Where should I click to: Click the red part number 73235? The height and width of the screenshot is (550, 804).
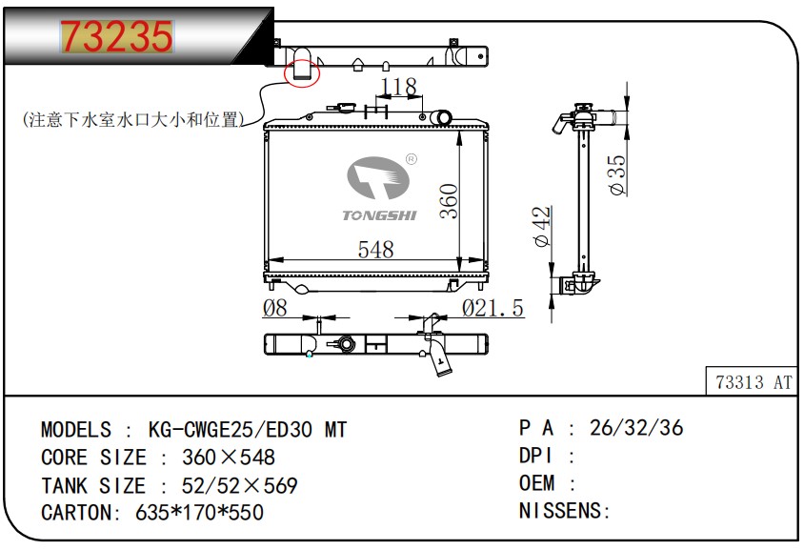117,36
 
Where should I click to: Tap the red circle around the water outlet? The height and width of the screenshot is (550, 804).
285,74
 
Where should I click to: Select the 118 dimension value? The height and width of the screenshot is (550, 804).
399,87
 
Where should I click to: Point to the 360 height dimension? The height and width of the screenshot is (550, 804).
449,201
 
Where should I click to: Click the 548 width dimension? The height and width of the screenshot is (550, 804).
376,250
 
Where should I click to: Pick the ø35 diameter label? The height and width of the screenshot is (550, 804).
618,175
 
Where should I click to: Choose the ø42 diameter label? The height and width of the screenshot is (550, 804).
542,226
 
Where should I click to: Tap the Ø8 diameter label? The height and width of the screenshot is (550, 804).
275,308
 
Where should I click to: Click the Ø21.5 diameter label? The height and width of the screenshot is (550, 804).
492,308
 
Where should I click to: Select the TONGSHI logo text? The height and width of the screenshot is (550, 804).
379,215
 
